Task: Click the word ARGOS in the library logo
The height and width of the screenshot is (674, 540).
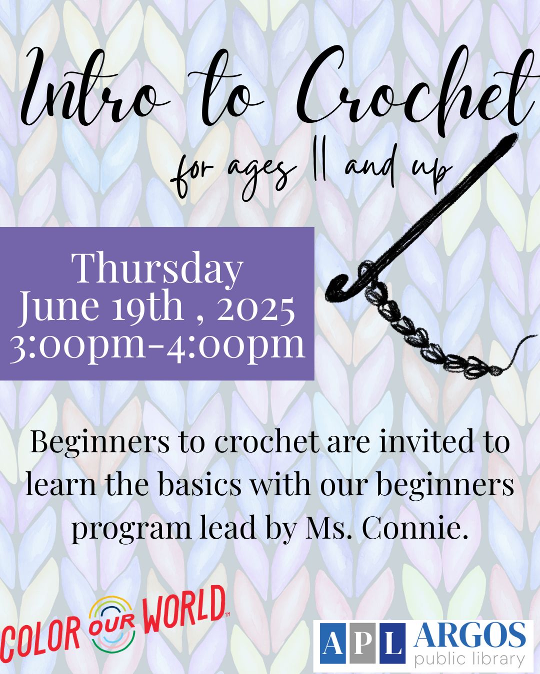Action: point(469,635)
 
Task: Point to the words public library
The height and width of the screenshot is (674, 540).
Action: point(469,659)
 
